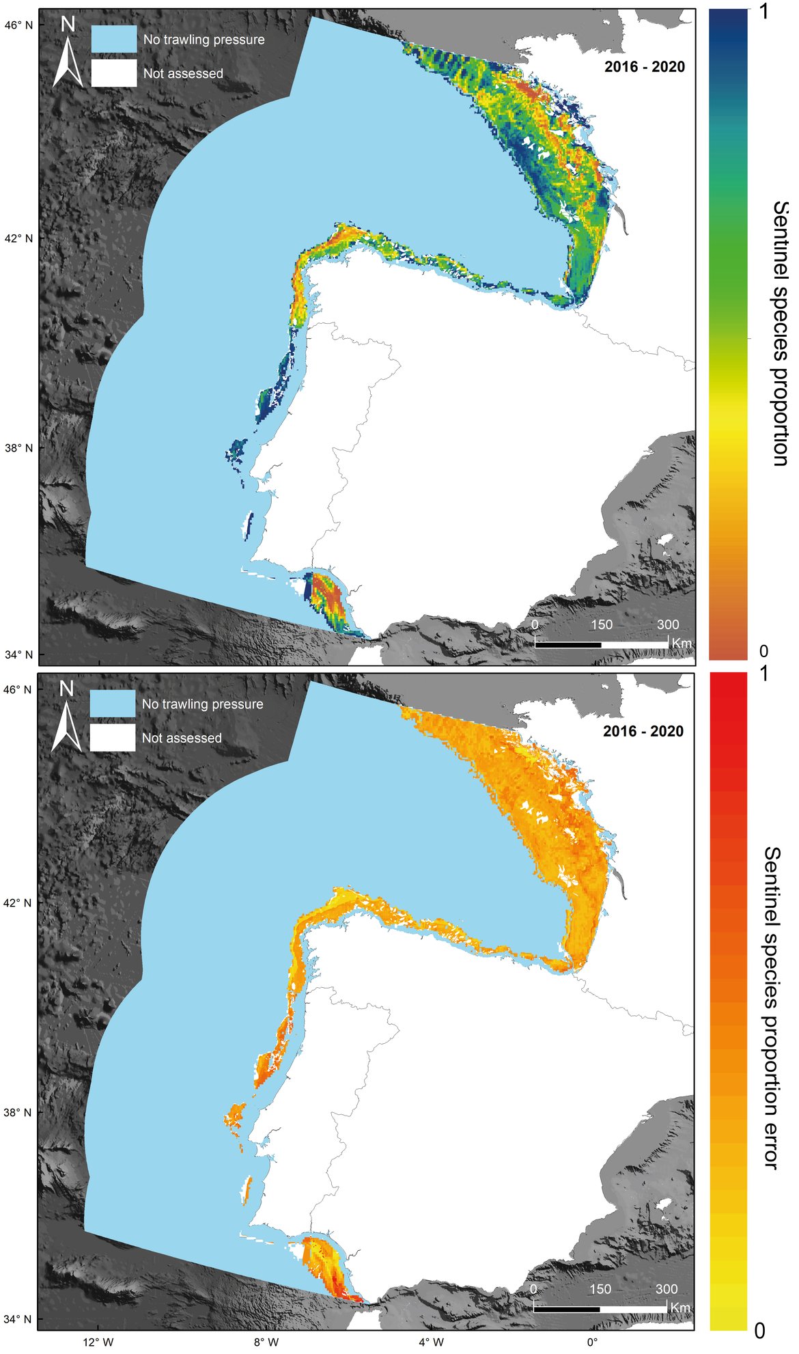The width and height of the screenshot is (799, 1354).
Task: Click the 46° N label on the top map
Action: (x=18, y=25)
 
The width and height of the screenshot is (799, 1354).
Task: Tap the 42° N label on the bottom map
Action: (x=18, y=902)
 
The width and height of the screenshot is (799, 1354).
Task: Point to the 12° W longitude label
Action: (x=98, y=1342)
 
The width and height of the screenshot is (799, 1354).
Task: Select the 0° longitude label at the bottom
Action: (x=591, y=1342)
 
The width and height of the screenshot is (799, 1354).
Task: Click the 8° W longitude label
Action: (x=266, y=1342)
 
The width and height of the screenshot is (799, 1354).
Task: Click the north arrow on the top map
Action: (x=68, y=55)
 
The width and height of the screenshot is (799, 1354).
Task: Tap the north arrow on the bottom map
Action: (x=66, y=719)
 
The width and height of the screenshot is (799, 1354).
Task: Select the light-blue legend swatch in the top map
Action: (x=114, y=39)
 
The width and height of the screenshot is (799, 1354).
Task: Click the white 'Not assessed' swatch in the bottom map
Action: (x=113, y=738)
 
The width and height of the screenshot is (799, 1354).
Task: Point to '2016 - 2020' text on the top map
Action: (x=644, y=67)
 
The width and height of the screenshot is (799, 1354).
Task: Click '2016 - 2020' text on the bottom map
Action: (x=643, y=732)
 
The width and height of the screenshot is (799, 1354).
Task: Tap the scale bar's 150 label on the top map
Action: (x=601, y=624)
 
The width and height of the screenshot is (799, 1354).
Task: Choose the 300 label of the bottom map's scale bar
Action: (x=667, y=1288)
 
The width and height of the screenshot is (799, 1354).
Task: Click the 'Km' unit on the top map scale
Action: (x=682, y=644)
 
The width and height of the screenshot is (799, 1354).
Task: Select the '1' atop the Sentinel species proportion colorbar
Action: (x=763, y=12)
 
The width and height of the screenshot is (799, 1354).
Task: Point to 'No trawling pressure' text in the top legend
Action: (x=204, y=40)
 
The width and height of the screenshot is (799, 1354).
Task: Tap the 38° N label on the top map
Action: (x=18, y=448)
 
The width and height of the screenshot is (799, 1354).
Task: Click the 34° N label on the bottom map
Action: (x=18, y=1318)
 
